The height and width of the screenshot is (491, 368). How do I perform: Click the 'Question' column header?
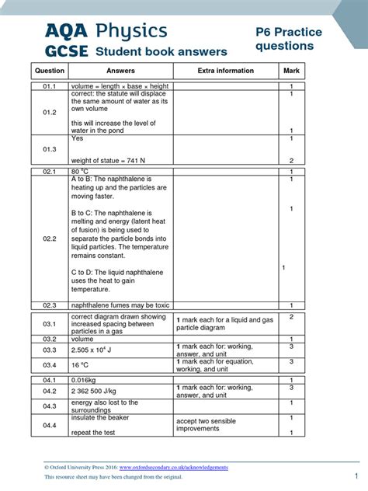(50, 71)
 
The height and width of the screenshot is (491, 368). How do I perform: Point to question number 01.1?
(50, 85)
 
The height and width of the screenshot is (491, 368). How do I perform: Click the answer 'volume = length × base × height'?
(120, 85)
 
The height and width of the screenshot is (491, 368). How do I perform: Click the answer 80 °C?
(80, 171)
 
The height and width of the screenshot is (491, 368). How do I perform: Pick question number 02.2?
(50, 239)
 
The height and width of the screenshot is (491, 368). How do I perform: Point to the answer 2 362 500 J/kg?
(97, 391)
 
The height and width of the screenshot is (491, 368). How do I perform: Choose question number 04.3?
(50, 406)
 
